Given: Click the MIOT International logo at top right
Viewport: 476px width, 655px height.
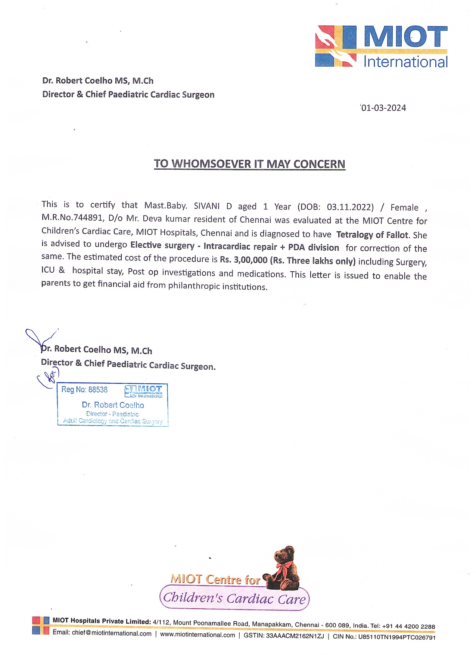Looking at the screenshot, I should pos(381,46).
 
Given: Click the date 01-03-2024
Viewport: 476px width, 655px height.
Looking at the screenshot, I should pos(383,108).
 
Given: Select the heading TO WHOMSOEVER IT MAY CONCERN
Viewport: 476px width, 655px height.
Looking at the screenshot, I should pos(249,164).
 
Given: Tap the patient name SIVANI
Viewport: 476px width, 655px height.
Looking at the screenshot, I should pos(206,206).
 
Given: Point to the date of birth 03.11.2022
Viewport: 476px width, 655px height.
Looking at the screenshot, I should pos(350,207).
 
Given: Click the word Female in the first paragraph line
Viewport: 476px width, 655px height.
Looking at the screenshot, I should pos(404,208).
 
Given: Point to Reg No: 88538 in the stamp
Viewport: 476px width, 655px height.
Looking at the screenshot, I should pos(84,390).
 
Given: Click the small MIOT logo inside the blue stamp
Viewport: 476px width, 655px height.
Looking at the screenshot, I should pos(144,391).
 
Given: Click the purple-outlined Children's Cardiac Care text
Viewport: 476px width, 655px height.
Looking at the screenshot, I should pos(234,598).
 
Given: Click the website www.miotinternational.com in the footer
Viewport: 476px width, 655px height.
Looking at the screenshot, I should pos(197,635).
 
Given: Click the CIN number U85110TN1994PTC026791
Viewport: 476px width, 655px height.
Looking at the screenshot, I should pos(397,637).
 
